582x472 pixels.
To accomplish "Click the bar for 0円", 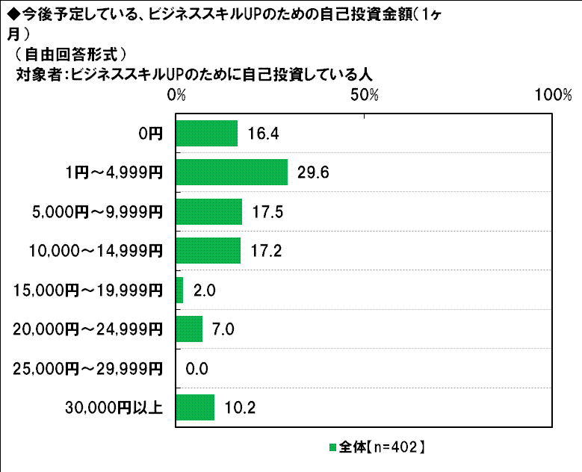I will (206, 134).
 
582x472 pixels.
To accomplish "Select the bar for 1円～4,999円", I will (232, 173).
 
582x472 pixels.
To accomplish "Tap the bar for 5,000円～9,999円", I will (209, 211).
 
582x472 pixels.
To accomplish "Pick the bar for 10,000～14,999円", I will (208, 251).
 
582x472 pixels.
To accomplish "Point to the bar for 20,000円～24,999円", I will (189, 329).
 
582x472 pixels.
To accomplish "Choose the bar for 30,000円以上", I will (195, 407).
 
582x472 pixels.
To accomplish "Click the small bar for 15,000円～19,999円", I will (179, 290).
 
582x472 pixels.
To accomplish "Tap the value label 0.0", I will (196, 368).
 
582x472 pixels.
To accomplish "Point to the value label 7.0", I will (223, 329).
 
